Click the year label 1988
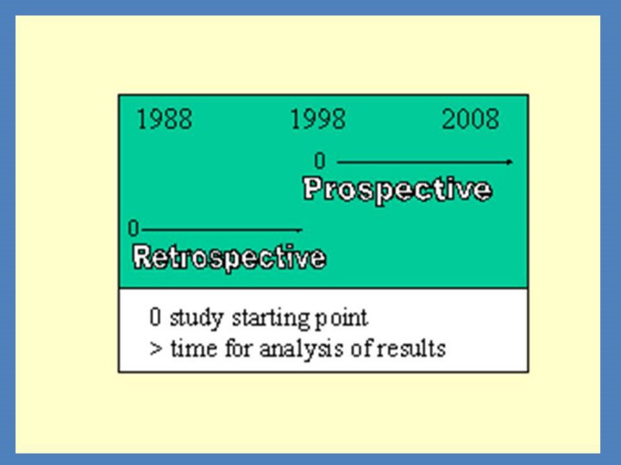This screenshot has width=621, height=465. coord(165,119)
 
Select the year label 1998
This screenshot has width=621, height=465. coord(317,119)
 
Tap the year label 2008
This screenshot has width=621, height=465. coord(470,119)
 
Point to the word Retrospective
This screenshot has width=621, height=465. coord(229,257)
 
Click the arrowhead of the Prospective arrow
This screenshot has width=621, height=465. coord(510,162)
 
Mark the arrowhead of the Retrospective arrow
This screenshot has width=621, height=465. coord(299,229)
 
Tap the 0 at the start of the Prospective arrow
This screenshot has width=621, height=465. coord(320,161)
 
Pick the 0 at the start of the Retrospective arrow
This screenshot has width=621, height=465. coord(134,228)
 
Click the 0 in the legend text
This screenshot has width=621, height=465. coord(155,317)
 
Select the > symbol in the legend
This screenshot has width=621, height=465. coord(156,349)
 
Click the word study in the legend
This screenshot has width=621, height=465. coord(197,319)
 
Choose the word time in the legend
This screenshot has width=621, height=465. coord(194,349)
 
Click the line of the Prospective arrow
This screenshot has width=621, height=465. coord(424,162)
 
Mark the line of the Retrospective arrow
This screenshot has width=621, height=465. coord(222,229)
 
